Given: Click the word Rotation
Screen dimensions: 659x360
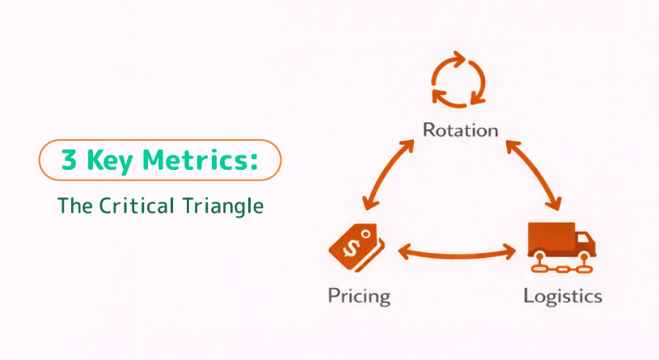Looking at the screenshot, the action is (x=460, y=130).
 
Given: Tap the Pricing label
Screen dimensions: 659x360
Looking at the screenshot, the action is (x=359, y=296).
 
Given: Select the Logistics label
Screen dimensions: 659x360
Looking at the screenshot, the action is (x=563, y=296).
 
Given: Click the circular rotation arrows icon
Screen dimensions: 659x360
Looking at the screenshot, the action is (x=458, y=79).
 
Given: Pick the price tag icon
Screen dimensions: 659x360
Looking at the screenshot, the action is (x=357, y=248).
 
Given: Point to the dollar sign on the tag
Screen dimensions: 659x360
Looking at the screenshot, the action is (x=352, y=248).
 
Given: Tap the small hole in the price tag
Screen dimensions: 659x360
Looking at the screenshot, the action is (x=366, y=235).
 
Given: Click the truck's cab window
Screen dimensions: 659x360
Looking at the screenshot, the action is (x=583, y=239).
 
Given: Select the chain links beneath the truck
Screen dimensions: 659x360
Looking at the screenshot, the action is (x=562, y=267).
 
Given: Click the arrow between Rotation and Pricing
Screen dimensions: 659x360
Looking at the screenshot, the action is (x=388, y=175).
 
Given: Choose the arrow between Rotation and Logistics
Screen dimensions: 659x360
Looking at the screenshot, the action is (x=534, y=175).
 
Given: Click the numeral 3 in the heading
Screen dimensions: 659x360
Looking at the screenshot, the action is (x=70, y=160).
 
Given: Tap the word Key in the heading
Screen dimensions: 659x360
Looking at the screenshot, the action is (x=110, y=161).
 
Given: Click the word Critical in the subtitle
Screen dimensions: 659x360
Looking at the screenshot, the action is (x=137, y=205).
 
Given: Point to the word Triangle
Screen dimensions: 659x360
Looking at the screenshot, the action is (x=223, y=206).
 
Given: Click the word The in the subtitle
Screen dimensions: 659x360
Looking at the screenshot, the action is (x=75, y=205).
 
